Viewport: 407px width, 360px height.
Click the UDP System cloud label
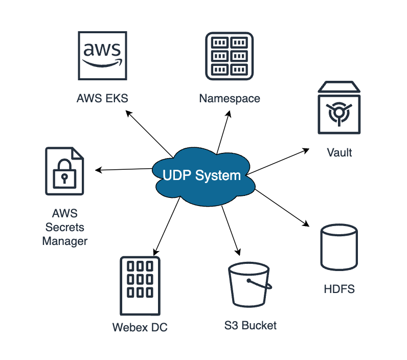click(x=201, y=175)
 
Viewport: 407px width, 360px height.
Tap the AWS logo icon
click(x=102, y=55)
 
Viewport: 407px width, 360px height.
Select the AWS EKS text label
click(x=102, y=98)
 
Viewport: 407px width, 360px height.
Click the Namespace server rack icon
click(x=229, y=55)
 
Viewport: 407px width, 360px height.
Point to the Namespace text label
click(x=229, y=98)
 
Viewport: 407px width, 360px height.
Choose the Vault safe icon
click(x=339, y=108)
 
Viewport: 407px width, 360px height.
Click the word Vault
click(x=339, y=152)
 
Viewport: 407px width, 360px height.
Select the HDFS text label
click(x=339, y=289)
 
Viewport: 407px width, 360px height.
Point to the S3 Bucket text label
click(x=250, y=326)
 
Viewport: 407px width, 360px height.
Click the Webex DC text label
click(x=140, y=327)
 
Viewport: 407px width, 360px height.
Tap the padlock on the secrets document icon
click(x=64, y=174)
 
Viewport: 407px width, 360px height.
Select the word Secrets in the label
click(x=64, y=227)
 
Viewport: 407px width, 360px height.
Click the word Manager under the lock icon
click(x=64, y=240)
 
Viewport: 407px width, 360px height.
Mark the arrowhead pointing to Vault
click(x=306, y=150)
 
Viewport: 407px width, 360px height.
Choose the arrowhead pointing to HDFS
click(x=307, y=224)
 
